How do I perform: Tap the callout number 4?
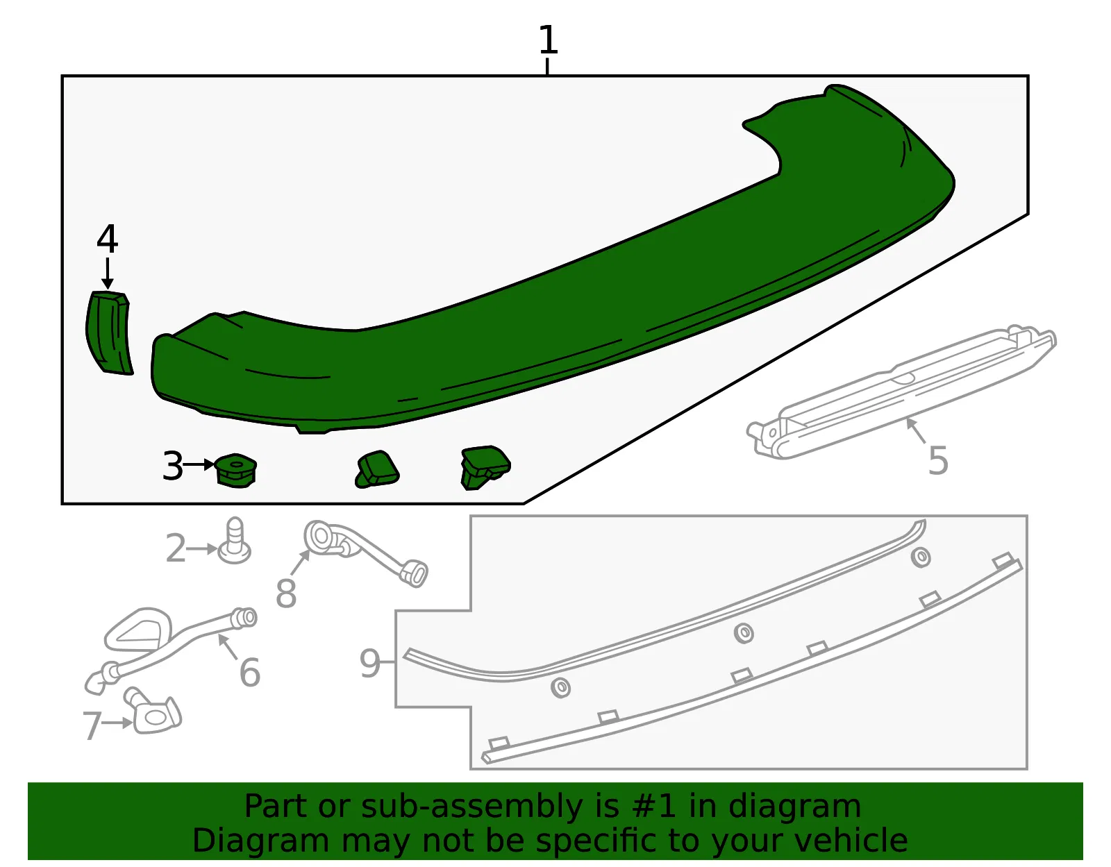point(108,239)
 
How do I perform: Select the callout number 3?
point(173,466)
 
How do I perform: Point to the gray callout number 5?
point(938,461)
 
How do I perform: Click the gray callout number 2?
point(176,548)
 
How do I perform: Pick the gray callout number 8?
point(286,594)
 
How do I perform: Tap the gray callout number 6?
point(250,673)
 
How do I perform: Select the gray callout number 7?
point(92,725)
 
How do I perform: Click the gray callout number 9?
point(370,663)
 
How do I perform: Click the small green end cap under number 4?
point(108,333)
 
